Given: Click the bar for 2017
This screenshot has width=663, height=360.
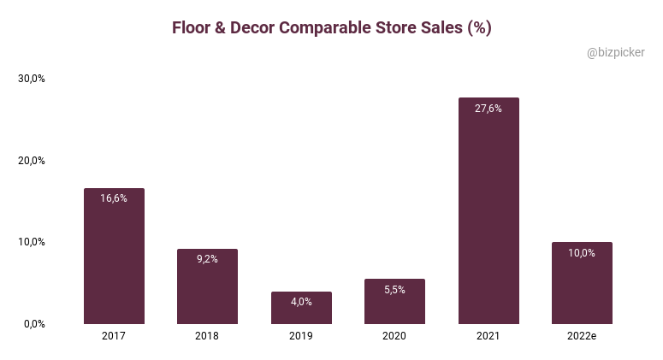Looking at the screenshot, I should coord(114,257).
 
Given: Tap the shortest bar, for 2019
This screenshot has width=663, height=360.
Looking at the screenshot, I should coord(301,310).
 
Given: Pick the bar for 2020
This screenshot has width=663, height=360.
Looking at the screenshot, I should coord(394,304).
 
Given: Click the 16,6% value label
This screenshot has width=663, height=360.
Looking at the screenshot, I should coord(114,198).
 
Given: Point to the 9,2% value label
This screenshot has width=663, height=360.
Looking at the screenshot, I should coord(207,259).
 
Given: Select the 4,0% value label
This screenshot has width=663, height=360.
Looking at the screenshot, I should coord(301,302).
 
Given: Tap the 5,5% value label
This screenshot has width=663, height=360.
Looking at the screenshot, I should coord(394,290).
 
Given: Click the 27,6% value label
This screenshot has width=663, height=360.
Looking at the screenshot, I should coord(488,109).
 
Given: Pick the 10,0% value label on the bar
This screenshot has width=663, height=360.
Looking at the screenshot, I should coord(582,252).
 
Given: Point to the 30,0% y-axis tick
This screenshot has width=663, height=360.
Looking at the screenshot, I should coord(32,79).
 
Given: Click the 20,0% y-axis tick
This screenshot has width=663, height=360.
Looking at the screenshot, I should coord(32,161).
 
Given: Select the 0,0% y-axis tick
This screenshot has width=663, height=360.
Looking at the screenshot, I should coord(34,324).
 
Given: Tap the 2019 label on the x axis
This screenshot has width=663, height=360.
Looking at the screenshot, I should coord(301,337).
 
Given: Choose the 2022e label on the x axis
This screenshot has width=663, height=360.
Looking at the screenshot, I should coord(582,337).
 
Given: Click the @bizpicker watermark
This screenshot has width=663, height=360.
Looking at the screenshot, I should coord(616,53).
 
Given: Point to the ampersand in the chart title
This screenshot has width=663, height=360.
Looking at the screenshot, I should coord(218,27).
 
